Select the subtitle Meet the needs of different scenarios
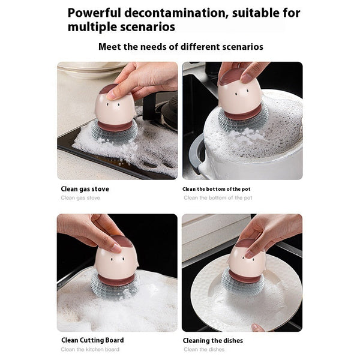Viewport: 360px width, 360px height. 181,47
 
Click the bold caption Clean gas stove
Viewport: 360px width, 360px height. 85,189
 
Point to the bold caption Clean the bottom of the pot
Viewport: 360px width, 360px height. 217,189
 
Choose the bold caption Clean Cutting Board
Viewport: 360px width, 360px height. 92,340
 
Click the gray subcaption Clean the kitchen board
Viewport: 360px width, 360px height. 90,349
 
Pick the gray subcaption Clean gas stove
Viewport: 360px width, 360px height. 80,197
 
